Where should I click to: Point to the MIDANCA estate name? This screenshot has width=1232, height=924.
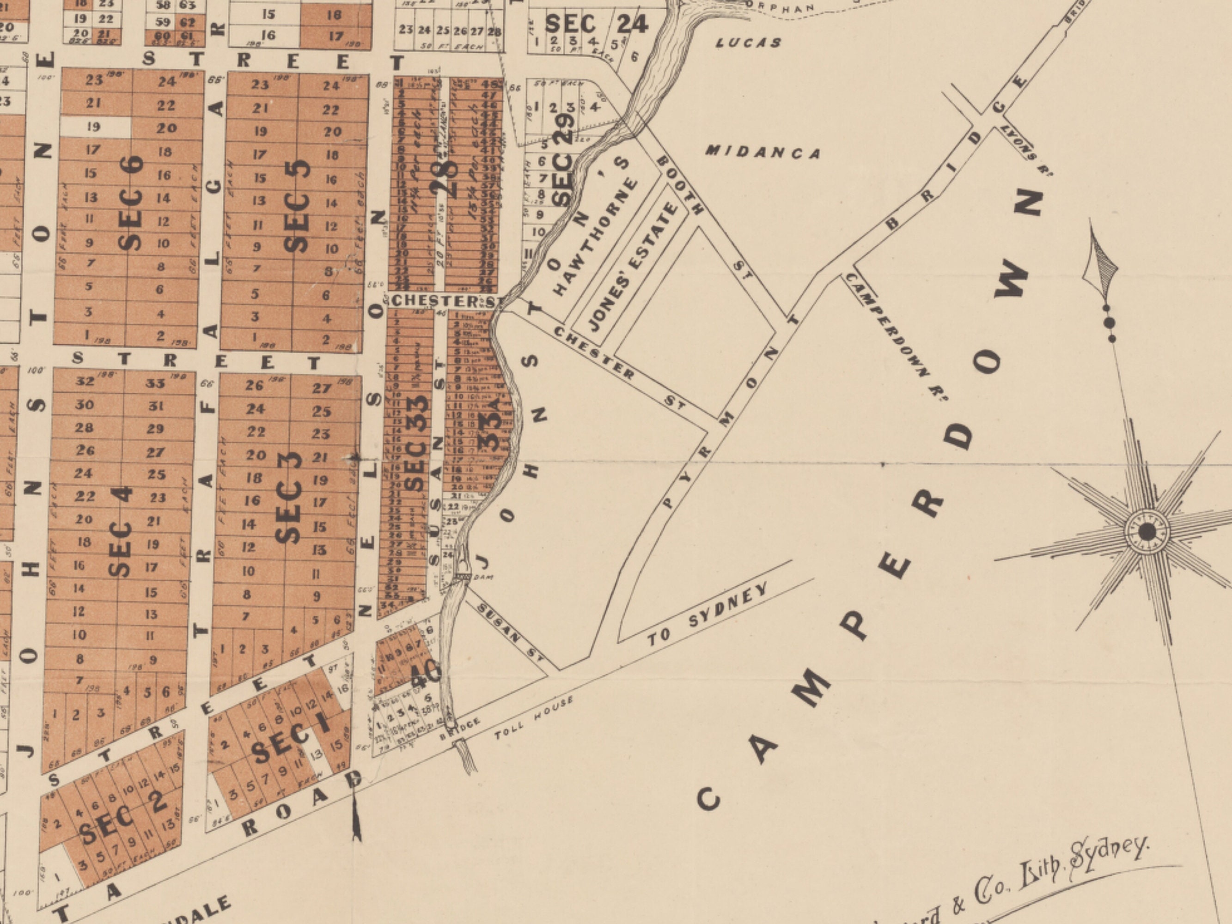[x=763, y=152]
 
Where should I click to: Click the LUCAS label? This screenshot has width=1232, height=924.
[x=748, y=43]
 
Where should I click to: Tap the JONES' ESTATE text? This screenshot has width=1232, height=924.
[x=633, y=267]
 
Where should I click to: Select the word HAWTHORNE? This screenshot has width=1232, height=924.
[x=595, y=236]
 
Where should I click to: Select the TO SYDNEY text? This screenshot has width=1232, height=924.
[x=707, y=614]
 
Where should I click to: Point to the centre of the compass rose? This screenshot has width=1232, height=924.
[x=1147, y=532]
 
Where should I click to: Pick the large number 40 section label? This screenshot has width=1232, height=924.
[x=426, y=673]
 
